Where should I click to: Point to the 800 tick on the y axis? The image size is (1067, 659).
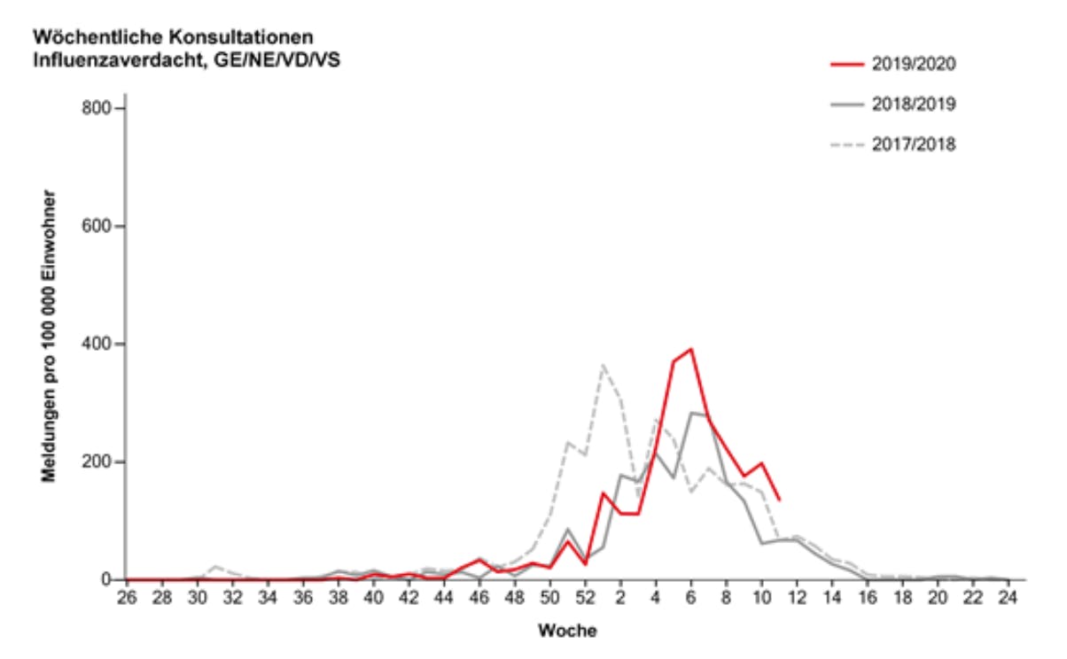95,109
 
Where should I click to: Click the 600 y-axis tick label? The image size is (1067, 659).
95,227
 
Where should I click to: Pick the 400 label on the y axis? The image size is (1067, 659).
95,344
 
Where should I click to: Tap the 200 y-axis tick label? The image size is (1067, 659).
95,461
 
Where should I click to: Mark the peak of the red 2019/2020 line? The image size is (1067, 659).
690,349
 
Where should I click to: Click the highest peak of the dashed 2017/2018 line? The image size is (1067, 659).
603,365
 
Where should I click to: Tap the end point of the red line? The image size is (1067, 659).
779,500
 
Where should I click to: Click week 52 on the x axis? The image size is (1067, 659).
585,597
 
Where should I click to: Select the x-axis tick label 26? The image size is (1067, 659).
127,597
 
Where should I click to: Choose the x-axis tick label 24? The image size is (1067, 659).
1008,597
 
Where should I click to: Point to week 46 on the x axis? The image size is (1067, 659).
479,597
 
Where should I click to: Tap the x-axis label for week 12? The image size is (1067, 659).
797,597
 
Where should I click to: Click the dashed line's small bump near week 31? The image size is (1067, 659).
214,566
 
